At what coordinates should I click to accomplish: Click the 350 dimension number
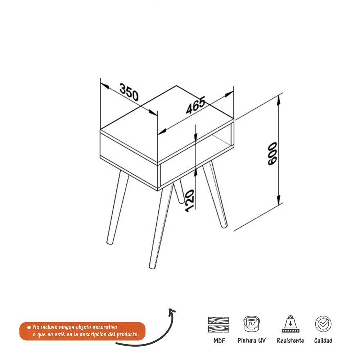[129, 92]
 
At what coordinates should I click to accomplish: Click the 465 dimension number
[195, 105]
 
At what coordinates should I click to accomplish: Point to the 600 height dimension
[273, 154]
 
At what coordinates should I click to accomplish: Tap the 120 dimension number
[190, 201]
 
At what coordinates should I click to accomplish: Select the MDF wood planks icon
[219, 324]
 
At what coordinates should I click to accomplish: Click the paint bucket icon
[251, 324]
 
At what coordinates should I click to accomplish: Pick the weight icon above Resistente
[291, 324]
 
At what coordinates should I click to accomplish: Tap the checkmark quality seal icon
[323, 324]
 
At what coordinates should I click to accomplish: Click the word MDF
[219, 341]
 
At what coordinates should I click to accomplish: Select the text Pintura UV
[251, 341]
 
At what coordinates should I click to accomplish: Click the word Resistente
[291, 341]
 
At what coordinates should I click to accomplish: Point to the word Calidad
[323, 341]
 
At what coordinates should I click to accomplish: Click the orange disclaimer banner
[82, 331]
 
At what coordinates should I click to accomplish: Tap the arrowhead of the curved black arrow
[172, 311]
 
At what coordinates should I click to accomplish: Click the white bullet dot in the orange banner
[29, 327]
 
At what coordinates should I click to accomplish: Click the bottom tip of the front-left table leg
[109, 242]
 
